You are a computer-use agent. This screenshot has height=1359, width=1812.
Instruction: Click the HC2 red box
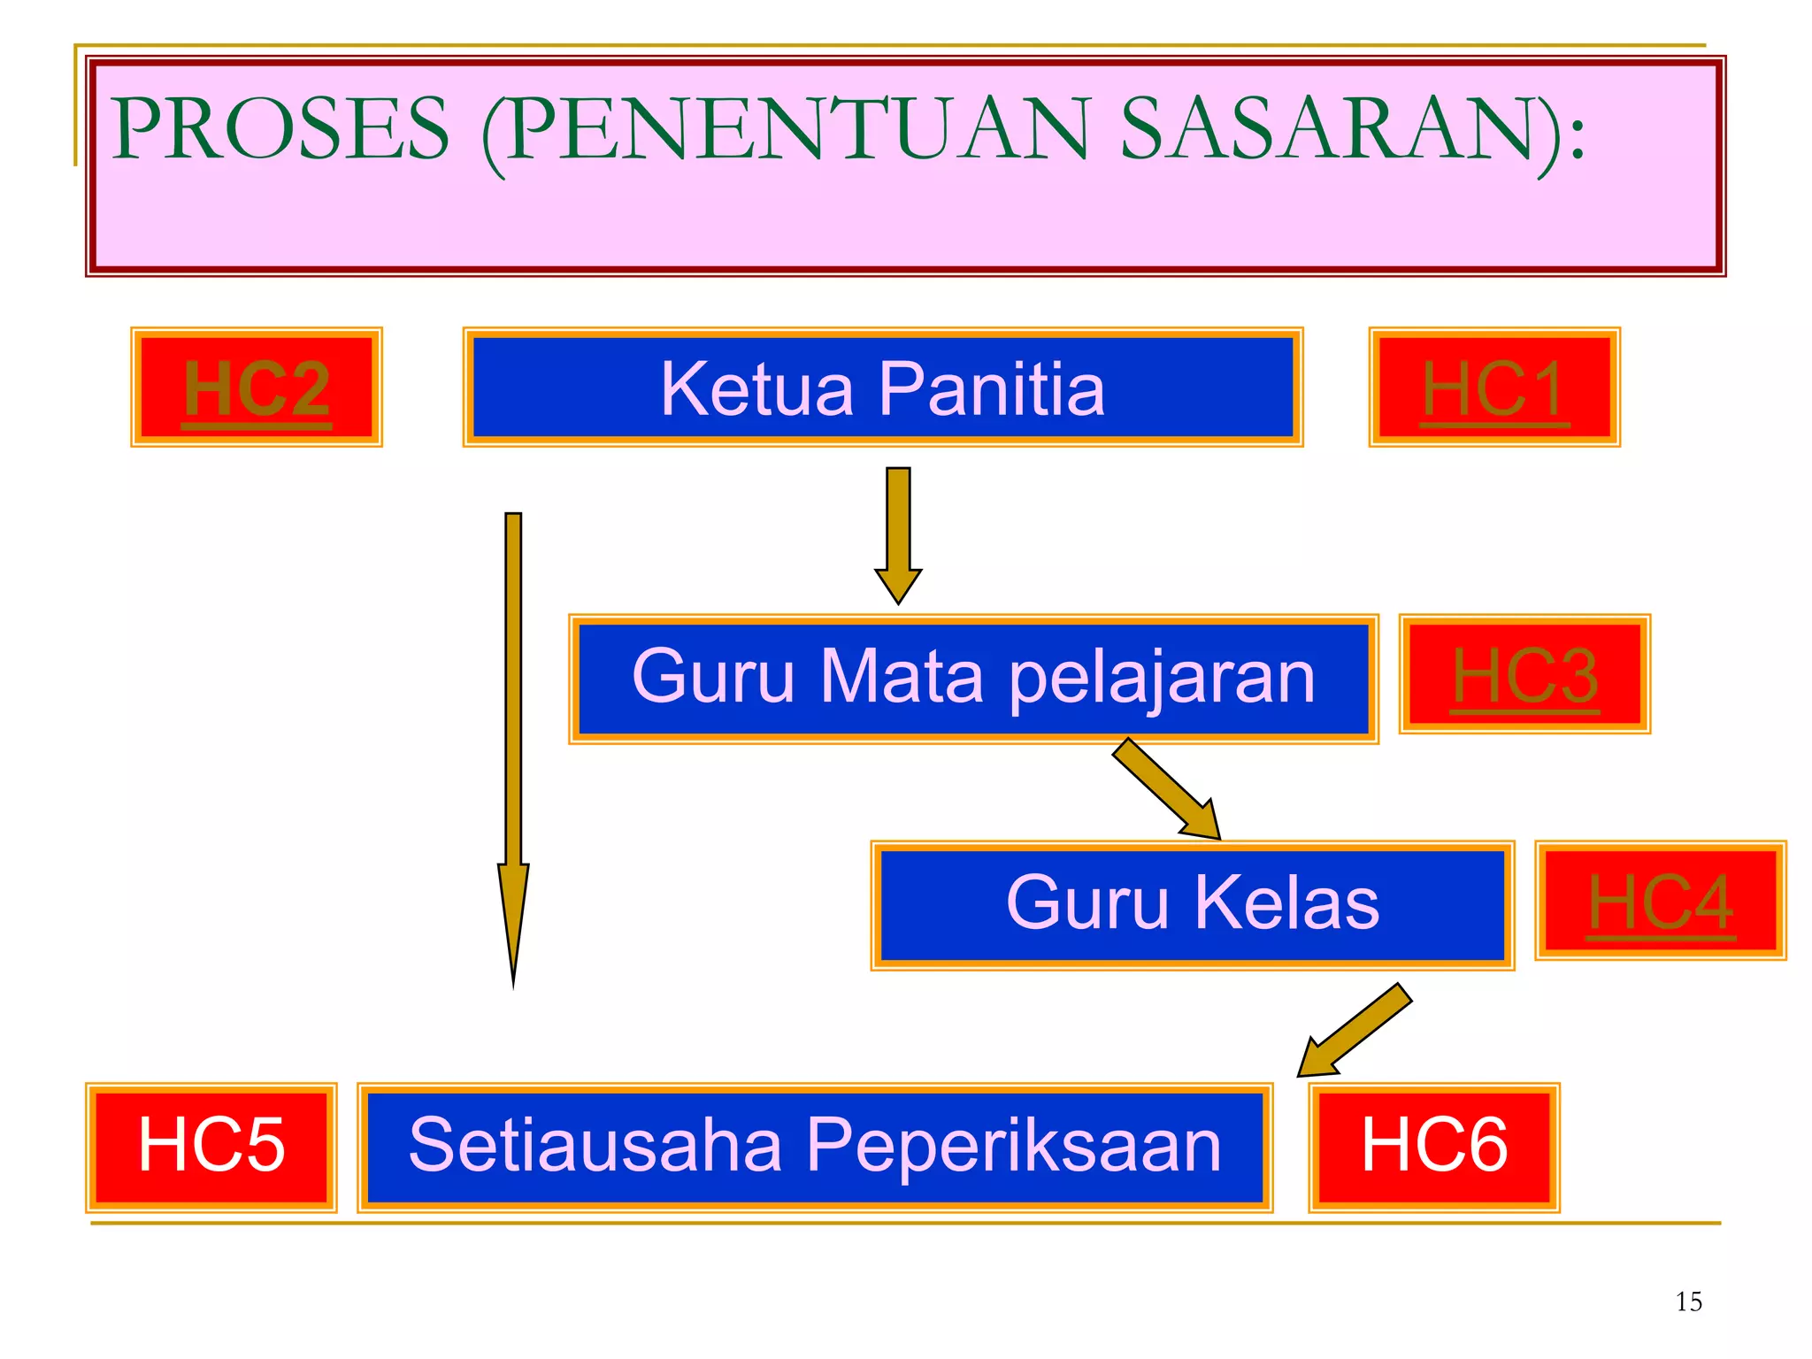257,388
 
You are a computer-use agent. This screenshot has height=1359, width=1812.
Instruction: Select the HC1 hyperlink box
1494,388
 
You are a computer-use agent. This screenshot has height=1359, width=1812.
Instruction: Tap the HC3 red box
1524,674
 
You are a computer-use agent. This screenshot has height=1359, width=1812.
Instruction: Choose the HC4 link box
1661,901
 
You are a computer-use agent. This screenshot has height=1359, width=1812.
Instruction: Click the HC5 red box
211,1147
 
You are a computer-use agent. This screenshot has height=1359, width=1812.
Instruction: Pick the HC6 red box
1434,1147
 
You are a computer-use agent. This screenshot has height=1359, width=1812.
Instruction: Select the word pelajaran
1162,678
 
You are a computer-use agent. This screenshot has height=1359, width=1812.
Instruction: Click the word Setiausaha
595,1146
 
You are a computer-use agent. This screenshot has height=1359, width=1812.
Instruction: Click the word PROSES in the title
281,130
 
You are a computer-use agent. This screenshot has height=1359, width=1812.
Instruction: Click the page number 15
1688,1301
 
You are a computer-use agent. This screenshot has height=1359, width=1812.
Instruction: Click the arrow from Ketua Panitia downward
898,531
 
